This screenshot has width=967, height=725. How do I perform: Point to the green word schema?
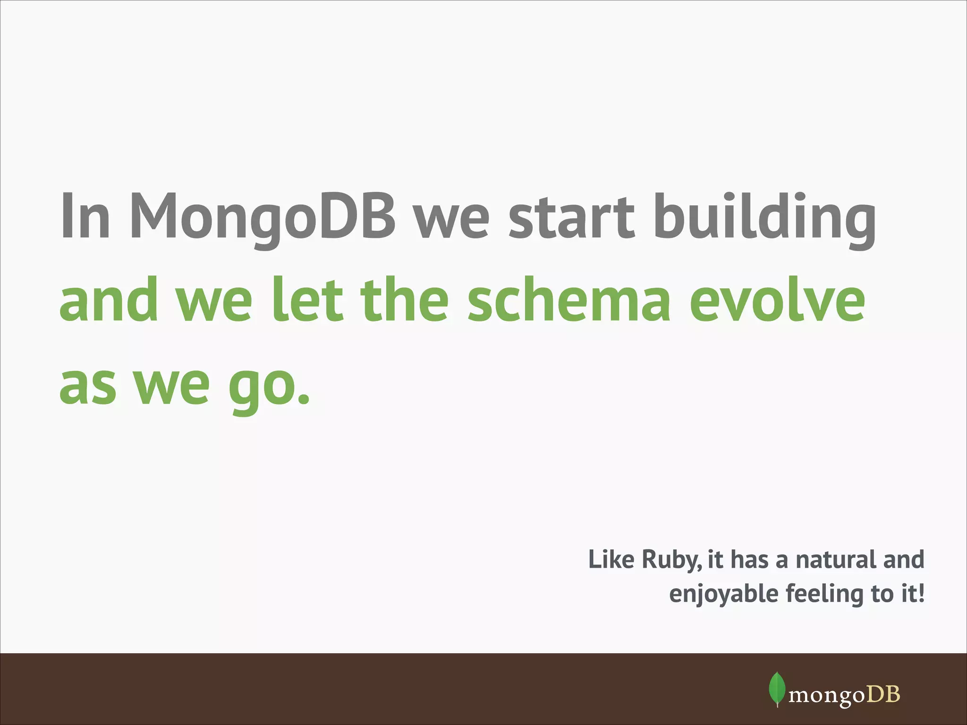coord(568,300)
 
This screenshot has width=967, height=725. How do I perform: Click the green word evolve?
coord(777,300)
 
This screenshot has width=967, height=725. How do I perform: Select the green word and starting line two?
coord(109,300)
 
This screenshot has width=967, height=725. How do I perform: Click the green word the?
coord(405,300)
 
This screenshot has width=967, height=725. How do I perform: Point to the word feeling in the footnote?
coord(824,594)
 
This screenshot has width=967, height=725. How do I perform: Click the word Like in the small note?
coord(612,560)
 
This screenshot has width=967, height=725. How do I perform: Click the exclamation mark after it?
coord(921,593)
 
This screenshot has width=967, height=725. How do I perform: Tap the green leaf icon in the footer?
coord(777,688)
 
